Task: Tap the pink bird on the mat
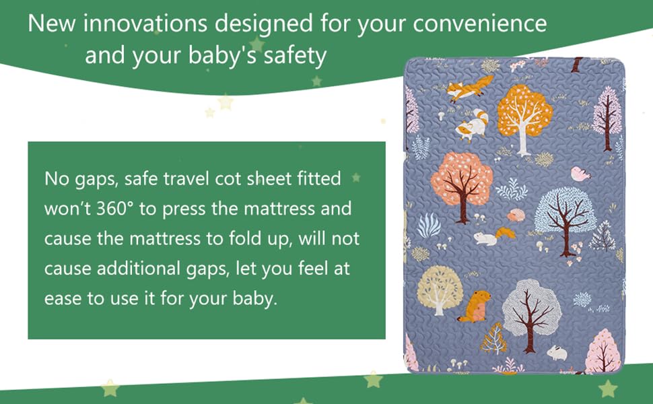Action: click(x=580, y=174)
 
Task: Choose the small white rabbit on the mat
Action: click(x=555, y=351)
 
